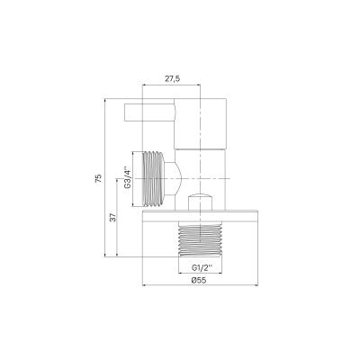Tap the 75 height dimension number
(97, 178)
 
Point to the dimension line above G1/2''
(198, 260)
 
